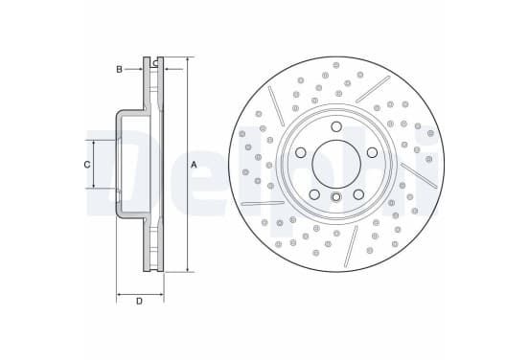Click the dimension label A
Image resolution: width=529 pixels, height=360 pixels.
click(194, 165)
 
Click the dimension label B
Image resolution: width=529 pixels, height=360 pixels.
click(119, 70)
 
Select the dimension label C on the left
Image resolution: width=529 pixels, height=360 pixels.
click(87, 165)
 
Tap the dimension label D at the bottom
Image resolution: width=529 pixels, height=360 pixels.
click(139, 301)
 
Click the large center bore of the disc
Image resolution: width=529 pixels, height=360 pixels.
click(336, 164)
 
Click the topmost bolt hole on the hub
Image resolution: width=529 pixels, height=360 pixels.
click(336, 126)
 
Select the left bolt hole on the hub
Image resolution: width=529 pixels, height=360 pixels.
click(301, 152)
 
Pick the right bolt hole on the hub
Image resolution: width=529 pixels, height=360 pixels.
click(372, 152)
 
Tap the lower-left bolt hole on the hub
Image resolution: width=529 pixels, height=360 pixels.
click(314, 194)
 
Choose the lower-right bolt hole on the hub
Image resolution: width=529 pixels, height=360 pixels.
click(358, 194)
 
